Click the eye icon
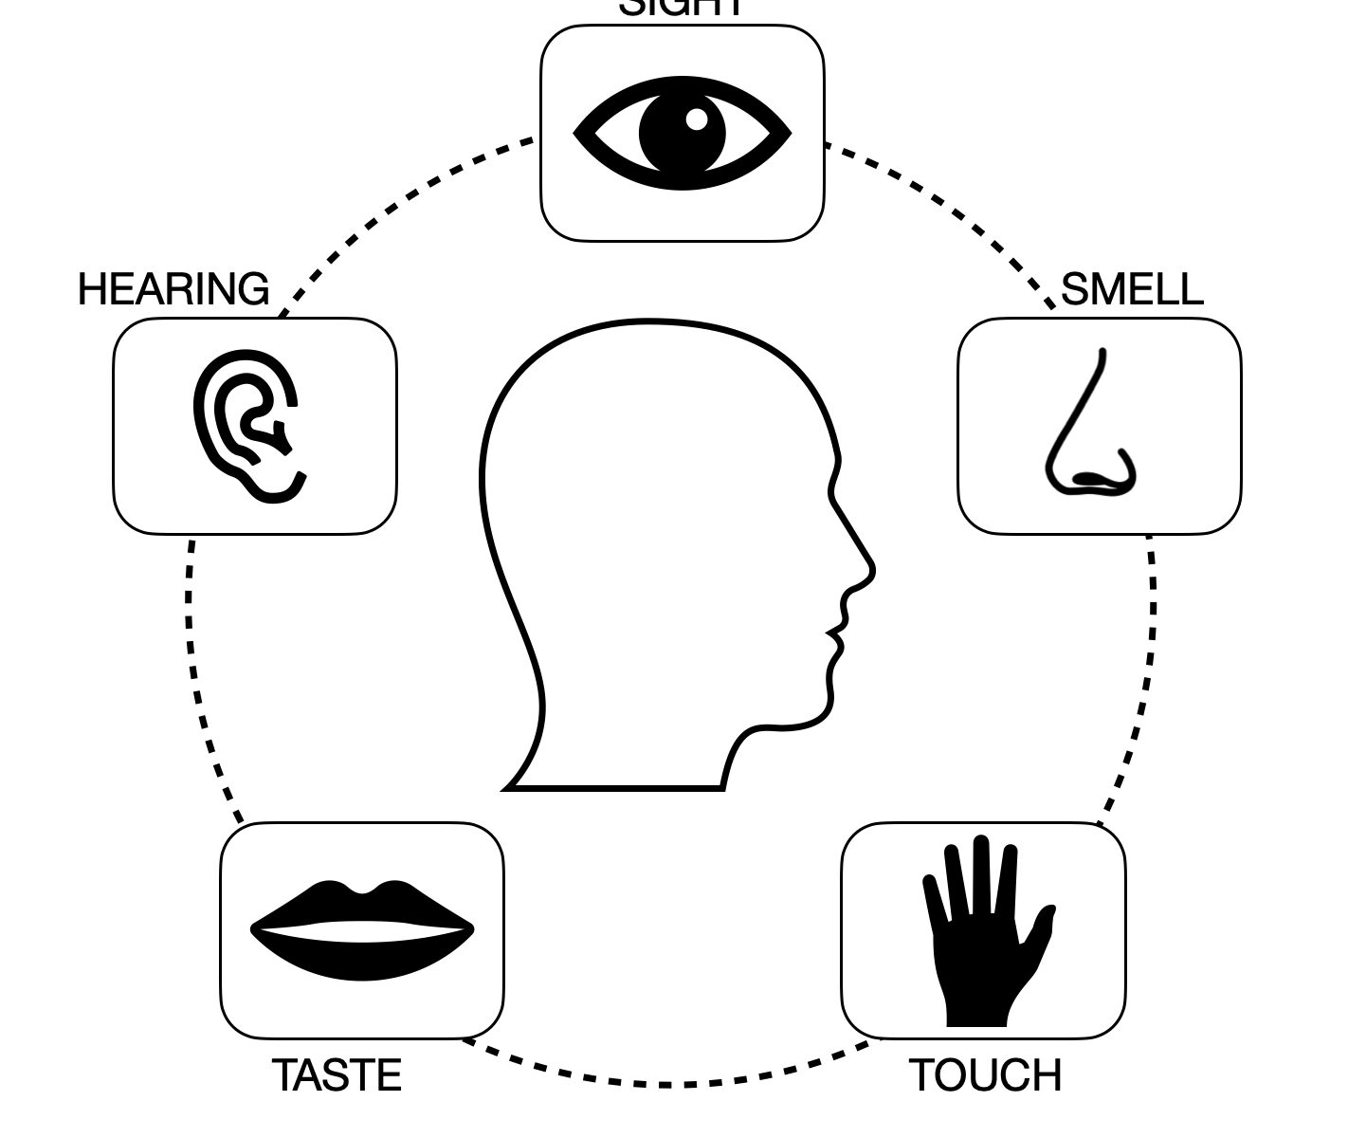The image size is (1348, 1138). (682, 134)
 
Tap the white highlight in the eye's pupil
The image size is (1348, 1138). (696, 119)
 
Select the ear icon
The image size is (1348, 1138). (248, 426)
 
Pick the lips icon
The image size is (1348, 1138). (361, 930)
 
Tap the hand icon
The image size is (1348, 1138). (983, 934)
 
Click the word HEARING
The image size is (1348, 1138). (173, 289)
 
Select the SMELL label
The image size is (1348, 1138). (1132, 289)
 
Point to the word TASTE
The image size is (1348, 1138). (337, 1076)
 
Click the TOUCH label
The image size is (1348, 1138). (985, 1076)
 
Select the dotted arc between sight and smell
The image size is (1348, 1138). (948, 209)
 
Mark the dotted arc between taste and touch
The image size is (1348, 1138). (664, 1083)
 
